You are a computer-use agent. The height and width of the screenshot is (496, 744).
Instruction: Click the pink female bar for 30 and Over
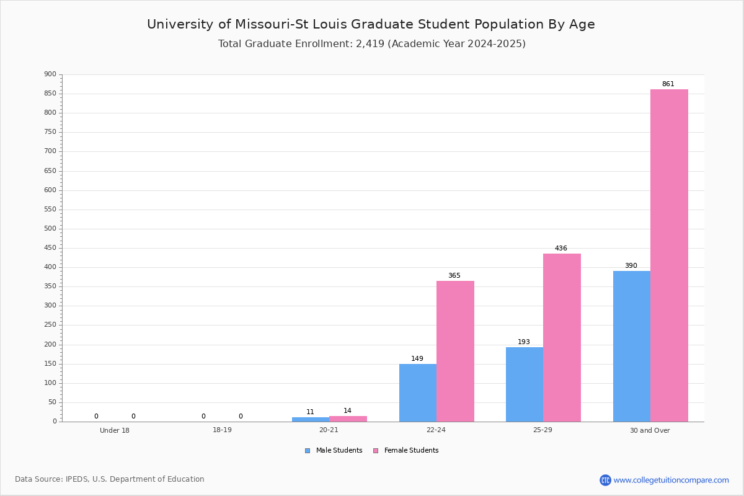coord(669,255)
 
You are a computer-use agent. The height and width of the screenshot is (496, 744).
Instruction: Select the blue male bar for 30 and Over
coord(632,347)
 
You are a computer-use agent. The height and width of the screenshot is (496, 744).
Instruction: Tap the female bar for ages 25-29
coord(562,338)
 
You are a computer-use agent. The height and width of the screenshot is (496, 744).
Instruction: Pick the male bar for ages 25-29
coord(525,384)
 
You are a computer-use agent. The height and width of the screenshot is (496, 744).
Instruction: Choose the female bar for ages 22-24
coord(455,352)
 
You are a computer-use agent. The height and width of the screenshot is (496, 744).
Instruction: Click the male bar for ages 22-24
coord(418,393)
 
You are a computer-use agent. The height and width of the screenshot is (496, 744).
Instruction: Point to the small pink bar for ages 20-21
coord(348,419)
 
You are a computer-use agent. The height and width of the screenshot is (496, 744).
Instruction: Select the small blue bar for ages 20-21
coord(311,420)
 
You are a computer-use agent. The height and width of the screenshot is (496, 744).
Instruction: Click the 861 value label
coord(668,84)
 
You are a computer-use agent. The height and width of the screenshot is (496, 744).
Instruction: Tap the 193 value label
coord(524,342)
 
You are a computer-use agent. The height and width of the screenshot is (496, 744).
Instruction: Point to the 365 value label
coord(454,275)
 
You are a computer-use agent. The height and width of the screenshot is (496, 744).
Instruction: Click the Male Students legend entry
coord(334,451)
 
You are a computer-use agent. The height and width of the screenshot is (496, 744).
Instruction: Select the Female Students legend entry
coord(406,451)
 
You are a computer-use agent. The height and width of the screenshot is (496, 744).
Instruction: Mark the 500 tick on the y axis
coord(50,229)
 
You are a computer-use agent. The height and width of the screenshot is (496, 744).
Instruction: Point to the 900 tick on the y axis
coord(50,74)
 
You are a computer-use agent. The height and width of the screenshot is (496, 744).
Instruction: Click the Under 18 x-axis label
coord(115,430)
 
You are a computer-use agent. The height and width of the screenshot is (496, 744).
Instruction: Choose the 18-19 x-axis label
coord(222,430)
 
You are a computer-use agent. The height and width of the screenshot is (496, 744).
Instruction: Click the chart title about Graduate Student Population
coord(371,24)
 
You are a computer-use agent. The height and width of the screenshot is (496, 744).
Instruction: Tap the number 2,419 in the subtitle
coord(370,44)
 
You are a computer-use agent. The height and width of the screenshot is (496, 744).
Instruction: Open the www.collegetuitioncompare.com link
coord(671,480)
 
